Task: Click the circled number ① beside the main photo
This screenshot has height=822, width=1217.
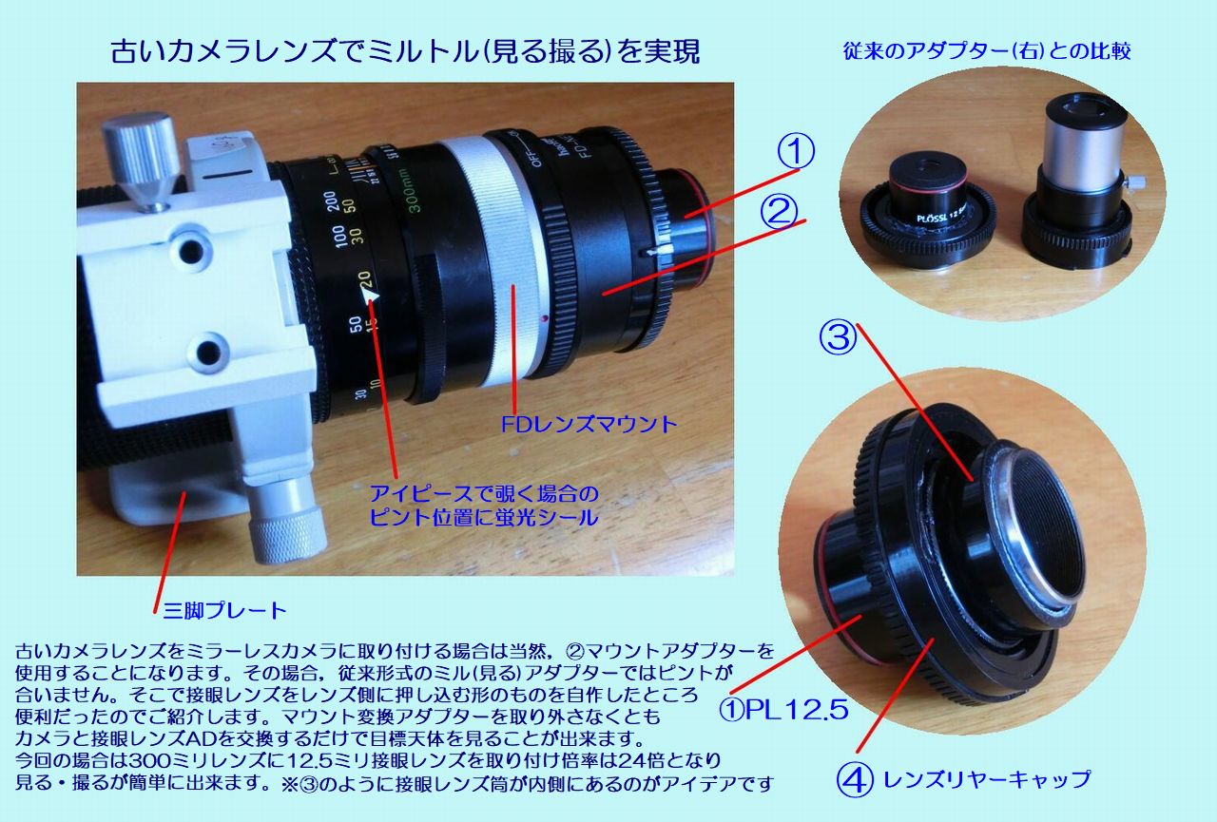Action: click(796, 150)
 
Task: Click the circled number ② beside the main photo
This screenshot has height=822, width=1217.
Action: click(779, 212)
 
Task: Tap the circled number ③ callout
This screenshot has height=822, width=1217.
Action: click(838, 337)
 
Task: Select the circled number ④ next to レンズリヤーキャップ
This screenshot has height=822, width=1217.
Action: click(855, 779)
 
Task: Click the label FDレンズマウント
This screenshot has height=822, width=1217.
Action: click(589, 424)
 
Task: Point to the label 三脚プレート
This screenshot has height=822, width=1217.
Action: click(225, 611)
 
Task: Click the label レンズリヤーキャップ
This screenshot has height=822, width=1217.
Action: click(987, 779)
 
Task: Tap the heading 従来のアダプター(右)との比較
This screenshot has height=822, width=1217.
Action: click(987, 51)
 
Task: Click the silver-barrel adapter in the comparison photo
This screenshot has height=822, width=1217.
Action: click(1078, 184)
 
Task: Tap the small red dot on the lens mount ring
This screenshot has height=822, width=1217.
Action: click(545, 318)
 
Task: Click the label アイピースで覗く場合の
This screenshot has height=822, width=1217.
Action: click(484, 493)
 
